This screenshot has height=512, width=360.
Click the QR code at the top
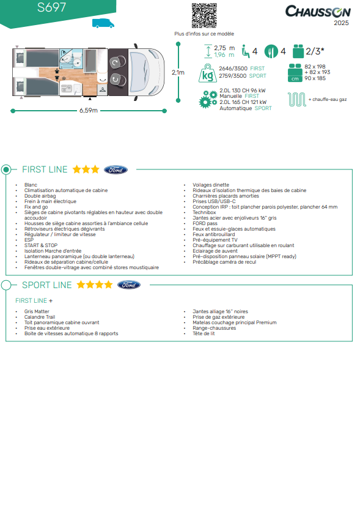click(x=204, y=16)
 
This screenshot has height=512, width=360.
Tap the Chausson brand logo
click(x=318, y=12)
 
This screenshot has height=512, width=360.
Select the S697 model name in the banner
click(x=51, y=7)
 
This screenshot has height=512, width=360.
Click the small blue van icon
click(x=103, y=23)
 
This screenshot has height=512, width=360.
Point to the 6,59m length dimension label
click(x=89, y=110)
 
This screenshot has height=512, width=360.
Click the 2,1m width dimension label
click(x=178, y=73)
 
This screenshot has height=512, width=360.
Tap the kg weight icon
click(x=208, y=73)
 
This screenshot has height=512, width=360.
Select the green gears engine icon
click(x=208, y=99)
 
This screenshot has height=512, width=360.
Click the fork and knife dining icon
click(x=271, y=51)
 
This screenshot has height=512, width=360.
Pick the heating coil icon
click(x=296, y=99)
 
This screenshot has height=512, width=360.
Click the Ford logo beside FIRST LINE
click(x=116, y=170)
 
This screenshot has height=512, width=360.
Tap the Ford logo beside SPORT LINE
click(x=129, y=284)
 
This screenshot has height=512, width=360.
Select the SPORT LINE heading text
click(x=46, y=285)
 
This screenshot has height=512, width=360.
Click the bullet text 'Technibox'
click(x=204, y=212)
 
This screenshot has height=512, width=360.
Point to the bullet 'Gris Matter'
click(x=37, y=311)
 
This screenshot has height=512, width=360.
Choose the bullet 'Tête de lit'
click(x=204, y=333)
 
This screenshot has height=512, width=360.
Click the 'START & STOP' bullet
click(x=41, y=245)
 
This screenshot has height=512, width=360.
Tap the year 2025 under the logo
click(x=341, y=23)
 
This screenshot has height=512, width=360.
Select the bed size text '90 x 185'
click(x=315, y=78)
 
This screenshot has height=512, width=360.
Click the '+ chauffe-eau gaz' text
click(x=328, y=99)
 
